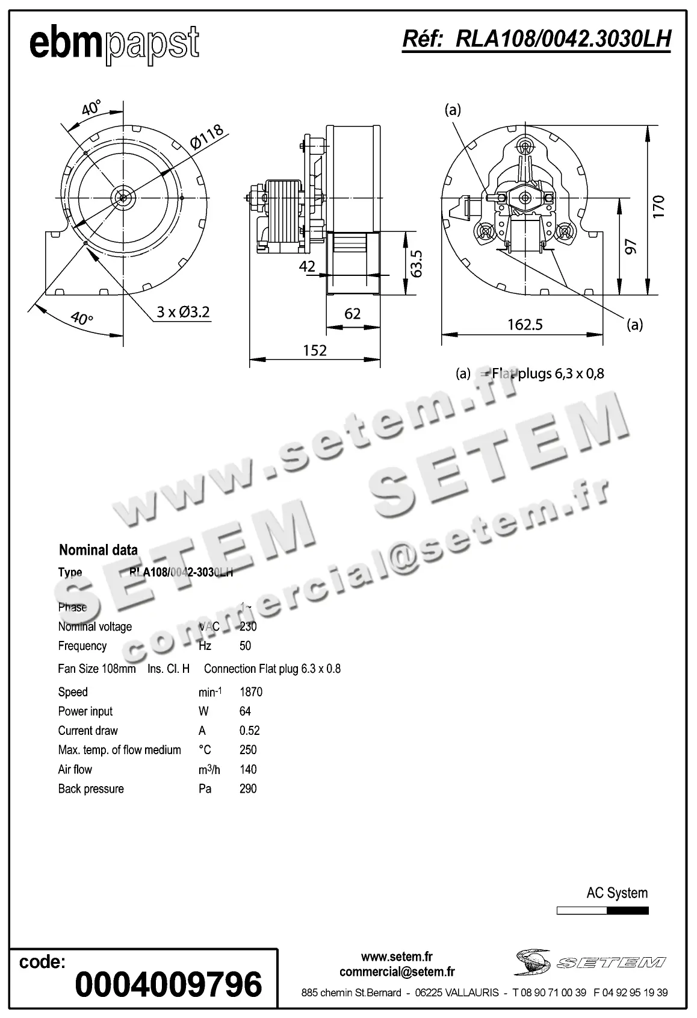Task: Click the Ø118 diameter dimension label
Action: [206, 136]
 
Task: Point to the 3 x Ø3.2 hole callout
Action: [183, 312]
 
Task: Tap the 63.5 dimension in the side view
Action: [417, 263]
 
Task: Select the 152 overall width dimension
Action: [315, 351]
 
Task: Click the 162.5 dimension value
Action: [525, 325]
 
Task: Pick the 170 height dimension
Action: [658, 206]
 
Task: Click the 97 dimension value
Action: [631, 246]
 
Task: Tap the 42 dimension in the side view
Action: [307, 266]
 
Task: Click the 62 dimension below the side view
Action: [352, 313]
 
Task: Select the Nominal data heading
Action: [98, 549]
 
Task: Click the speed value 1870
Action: [251, 692]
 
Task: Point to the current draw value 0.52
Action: [250, 731]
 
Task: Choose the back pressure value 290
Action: [248, 788]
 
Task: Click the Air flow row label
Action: [75, 769]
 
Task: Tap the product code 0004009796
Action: [169, 985]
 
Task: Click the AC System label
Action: [617, 893]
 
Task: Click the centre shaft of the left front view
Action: [123, 197]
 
